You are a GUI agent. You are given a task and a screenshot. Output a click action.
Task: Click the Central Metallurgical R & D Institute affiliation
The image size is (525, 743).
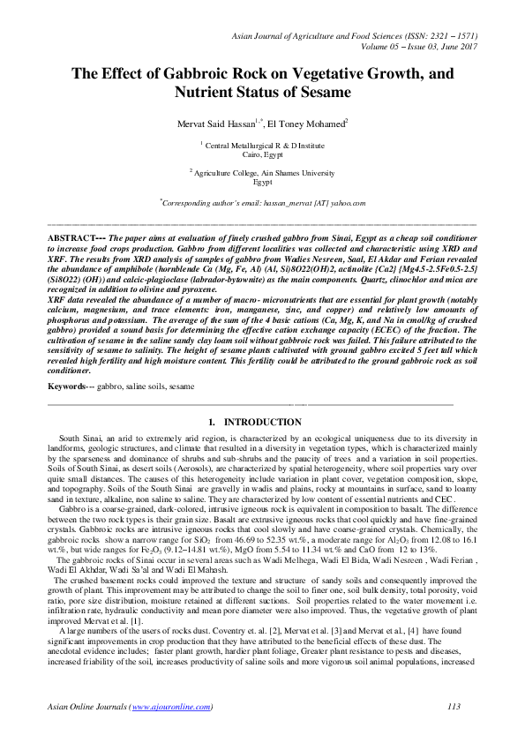coord(265,144)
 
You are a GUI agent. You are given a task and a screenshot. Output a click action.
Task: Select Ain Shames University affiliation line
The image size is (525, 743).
coord(265,173)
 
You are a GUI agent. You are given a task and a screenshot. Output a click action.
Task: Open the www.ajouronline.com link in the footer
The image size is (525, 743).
coord(170,707)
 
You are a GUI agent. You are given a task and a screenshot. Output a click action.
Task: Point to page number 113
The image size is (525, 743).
coord(454,707)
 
